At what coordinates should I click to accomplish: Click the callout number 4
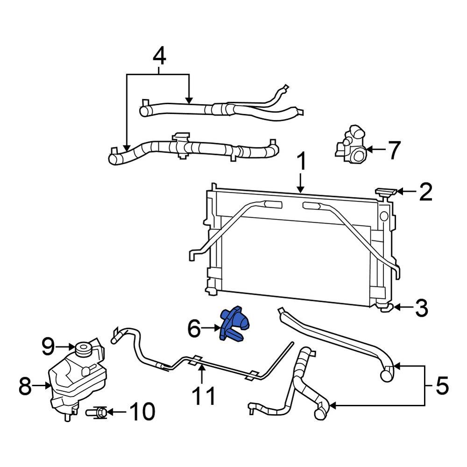click(159, 57)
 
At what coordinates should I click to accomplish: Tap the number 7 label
click(394, 150)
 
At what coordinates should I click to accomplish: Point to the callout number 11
click(204, 396)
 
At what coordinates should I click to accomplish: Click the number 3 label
click(421, 309)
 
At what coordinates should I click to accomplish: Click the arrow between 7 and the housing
click(376, 150)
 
